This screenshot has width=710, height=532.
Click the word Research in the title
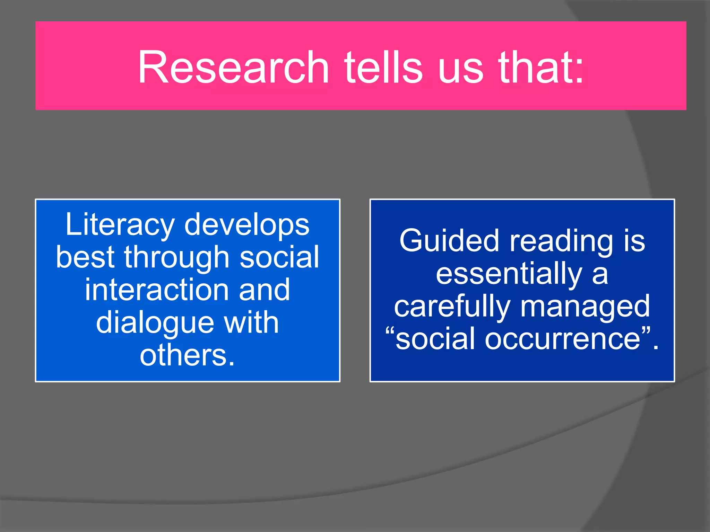233,67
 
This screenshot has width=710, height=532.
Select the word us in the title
460,67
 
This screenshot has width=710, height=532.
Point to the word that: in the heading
541,67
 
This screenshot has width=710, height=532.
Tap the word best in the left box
85,257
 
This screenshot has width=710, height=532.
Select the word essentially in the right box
509,274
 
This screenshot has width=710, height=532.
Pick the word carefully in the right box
452,307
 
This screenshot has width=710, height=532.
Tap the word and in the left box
264,290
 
